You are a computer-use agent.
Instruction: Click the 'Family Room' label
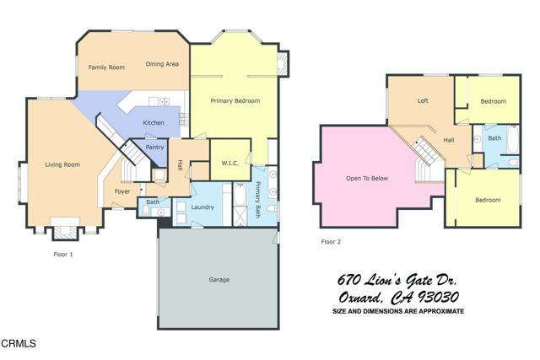pyautogui.click(x=106, y=67)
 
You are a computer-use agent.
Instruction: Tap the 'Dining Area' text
pyautogui.click(x=161, y=64)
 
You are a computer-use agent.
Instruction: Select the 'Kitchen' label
pyautogui.click(x=153, y=123)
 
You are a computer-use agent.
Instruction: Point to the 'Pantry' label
pyautogui.click(x=154, y=148)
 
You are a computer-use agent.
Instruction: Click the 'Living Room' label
pyautogui.click(x=62, y=164)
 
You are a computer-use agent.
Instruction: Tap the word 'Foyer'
pyautogui.click(x=122, y=191)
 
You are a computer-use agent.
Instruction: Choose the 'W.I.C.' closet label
pyautogui.click(x=233, y=162)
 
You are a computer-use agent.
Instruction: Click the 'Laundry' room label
pyautogui.click(x=202, y=207)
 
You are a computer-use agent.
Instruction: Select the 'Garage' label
pyautogui.click(x=219, y=279)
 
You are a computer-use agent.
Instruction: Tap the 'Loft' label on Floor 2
pyautogui.click(x=423, y=101)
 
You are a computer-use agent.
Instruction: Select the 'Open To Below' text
pyautogui.click(x=367, y=179)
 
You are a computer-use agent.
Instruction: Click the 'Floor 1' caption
pyautogui.click(x=62, y=253)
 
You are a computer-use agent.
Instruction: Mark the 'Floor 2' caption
pyautogui.click(x=332, y=242)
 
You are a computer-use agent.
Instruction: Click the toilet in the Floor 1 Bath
pyautogui.click(x=143, y=212)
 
